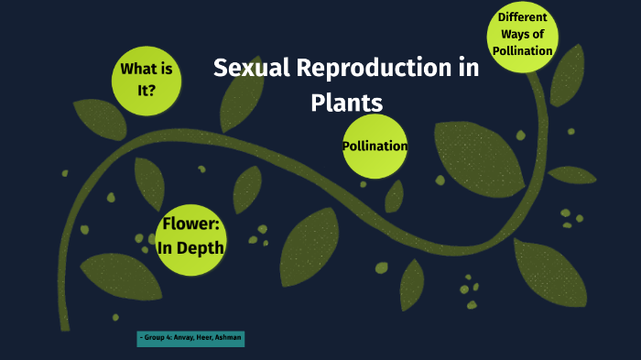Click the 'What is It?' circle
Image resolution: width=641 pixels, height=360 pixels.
(x=146, y=81)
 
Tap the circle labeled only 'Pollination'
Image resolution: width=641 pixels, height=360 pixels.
(x=375, y=146)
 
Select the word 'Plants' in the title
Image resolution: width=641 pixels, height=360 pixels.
(x=346, y=102)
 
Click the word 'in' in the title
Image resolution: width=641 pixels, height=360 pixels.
(x=468, y=69)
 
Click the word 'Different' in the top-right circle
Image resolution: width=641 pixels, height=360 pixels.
(x=523, y=17)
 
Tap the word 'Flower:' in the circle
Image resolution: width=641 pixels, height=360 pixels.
(x=192, y=225)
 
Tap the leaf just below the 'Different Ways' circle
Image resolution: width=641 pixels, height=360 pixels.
(x=567, y=77)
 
